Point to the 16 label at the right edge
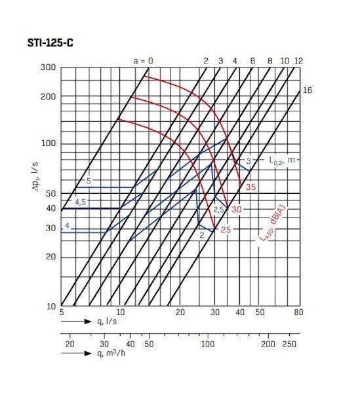307,90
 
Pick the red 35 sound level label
250,187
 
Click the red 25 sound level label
225,230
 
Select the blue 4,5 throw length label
81,202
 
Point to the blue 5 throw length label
88,180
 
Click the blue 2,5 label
219,210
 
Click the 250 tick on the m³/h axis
289,344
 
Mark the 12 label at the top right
298,61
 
